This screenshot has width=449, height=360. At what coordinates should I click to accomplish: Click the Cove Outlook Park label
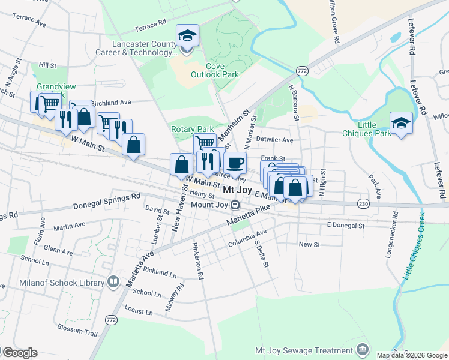[214, 70]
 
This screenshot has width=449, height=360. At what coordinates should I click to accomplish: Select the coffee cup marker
[235, 163]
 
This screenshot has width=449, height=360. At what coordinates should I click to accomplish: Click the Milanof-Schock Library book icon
[113, 282]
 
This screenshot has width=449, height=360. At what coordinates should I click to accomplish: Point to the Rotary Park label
[192, 129]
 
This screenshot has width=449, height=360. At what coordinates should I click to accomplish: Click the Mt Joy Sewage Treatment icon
[362, 350]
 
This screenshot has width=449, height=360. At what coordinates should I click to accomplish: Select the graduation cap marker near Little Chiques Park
[401, 123]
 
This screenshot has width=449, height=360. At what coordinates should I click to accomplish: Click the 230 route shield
[363, 205]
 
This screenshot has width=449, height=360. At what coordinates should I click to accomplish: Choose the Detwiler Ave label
[273, 140]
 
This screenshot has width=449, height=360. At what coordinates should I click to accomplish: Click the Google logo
[19, 353]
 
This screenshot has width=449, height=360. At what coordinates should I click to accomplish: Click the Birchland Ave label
[110, 103]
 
